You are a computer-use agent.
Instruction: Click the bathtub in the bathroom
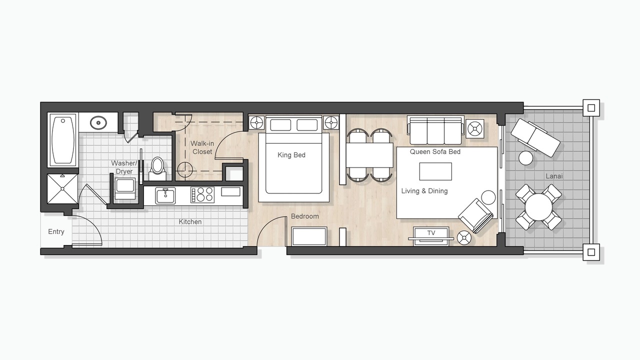tap(62, 140)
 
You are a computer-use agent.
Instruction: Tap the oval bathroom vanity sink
tap(98, 123)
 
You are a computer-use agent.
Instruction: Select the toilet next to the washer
tap(157, 168)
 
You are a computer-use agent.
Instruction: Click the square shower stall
tap(62, 188)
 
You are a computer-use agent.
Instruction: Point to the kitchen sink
tap(165, 195)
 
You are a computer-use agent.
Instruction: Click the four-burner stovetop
tap(202, 195)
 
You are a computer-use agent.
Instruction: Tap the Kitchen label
tap(190, 221)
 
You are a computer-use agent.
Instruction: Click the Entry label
tap(56, 231)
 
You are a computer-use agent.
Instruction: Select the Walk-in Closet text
tap(202, 147)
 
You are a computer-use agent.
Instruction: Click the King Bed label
tap(291, 155)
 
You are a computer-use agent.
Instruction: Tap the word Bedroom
tap(305, 216)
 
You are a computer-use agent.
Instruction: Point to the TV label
tap(431, 233)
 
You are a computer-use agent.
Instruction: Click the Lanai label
tap(554, 176)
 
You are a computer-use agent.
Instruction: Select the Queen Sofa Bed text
tap(435, 151)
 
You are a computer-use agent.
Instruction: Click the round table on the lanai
tap(538, 207)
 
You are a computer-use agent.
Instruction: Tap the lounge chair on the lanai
tap(535, 137)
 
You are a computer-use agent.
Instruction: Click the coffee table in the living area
tap(435, 171)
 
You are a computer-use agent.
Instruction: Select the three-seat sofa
tap(435, 130)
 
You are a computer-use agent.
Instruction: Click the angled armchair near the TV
tap(475, 215)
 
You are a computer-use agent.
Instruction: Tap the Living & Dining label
tap(424, 191)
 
